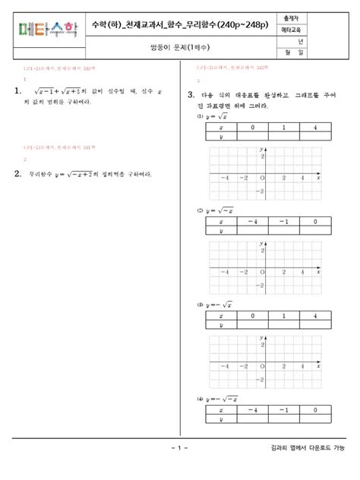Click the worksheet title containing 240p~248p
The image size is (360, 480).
click(x=178, y=25)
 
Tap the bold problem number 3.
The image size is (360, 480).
click(x=191, y=95)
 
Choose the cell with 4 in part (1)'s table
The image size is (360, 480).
click(x=314, y=129)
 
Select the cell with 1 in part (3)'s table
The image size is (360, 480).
click(x=282, y=316)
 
